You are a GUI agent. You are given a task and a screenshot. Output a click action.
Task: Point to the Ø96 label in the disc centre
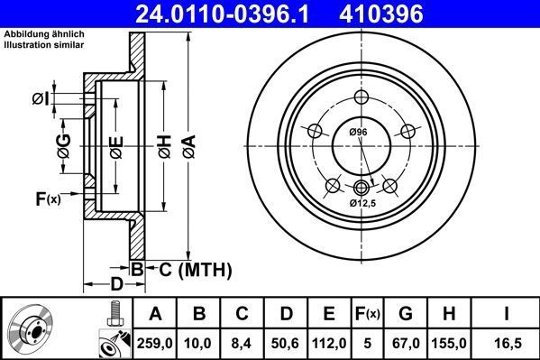[x=358, y=133]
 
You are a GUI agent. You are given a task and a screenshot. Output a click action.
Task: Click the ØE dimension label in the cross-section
[x=115, y=145]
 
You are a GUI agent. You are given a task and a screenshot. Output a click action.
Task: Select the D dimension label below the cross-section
[x=115, y=285]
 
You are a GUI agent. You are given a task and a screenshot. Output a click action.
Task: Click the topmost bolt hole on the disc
[x=362, y=98]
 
